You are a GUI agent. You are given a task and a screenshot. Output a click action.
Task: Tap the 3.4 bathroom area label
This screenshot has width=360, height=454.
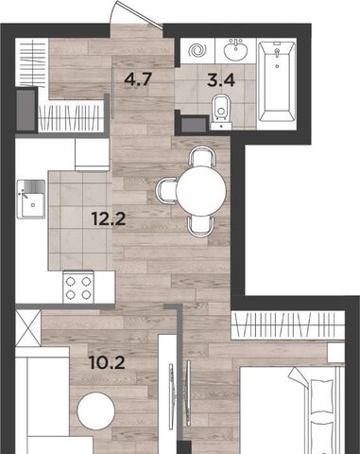(221, 80)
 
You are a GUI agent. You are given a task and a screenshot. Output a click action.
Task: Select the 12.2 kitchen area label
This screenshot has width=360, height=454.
(109, 218)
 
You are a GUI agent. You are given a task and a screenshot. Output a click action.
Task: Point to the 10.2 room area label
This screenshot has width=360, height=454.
(107, 362)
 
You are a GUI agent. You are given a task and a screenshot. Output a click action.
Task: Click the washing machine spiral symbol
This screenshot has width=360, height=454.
(197, 50)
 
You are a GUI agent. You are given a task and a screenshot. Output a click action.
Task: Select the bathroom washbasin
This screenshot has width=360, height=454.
(236, 49)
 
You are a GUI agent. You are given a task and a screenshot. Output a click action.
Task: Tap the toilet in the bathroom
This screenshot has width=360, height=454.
(221, 112)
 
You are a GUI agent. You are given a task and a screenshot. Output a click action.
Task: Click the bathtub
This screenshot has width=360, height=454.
(277, 81)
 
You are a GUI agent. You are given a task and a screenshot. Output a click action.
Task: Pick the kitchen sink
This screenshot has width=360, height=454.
(31, 200)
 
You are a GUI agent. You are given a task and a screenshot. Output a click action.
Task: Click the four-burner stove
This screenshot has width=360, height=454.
(78, 288)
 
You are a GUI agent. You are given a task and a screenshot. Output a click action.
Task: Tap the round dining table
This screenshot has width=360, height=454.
(201, 190)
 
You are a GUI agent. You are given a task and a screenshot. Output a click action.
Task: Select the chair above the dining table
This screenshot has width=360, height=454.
(201, 156)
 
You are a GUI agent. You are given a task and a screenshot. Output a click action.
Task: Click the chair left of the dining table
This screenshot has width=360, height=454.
(167, 190)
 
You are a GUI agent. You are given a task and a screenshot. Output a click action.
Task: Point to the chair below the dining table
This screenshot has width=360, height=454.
(201, 225)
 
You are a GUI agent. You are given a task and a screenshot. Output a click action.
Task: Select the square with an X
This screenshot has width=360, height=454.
(28, 328)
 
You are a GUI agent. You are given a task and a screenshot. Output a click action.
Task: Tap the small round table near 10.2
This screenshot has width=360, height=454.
(96, 410)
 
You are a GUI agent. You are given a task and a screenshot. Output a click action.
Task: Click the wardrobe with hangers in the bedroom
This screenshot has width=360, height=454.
(287, 325)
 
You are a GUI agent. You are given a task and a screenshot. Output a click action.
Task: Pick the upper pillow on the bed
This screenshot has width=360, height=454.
(321, 396)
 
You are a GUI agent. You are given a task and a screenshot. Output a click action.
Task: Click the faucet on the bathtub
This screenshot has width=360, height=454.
(277, 53)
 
